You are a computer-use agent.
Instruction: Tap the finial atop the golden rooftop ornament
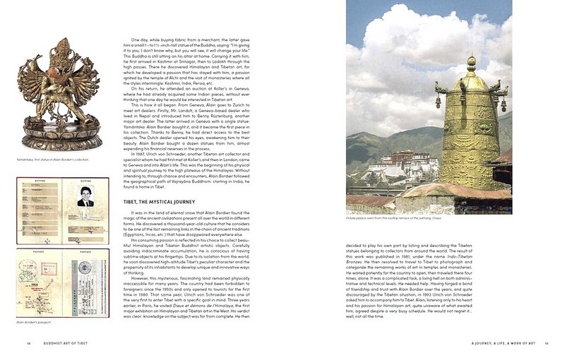[x=470, y=65]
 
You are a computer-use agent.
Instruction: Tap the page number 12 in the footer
[x=28, y=344]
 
